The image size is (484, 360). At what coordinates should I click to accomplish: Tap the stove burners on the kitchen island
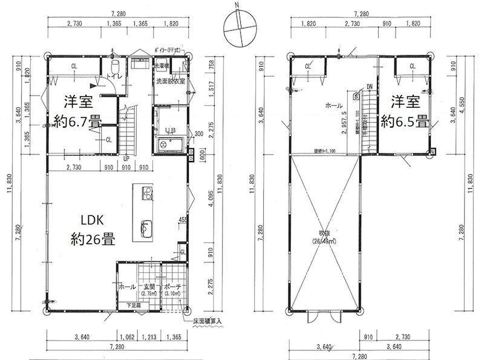pos(147,193)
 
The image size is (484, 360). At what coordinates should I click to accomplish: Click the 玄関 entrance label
pos(149,287)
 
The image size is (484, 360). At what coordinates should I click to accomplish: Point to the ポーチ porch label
pos(171,287)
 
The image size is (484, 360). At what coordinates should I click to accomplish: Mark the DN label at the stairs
pos(368,87)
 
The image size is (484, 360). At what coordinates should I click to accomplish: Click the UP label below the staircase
pos(125,159)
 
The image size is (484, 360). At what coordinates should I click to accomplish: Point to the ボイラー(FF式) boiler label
pos(171,51)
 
